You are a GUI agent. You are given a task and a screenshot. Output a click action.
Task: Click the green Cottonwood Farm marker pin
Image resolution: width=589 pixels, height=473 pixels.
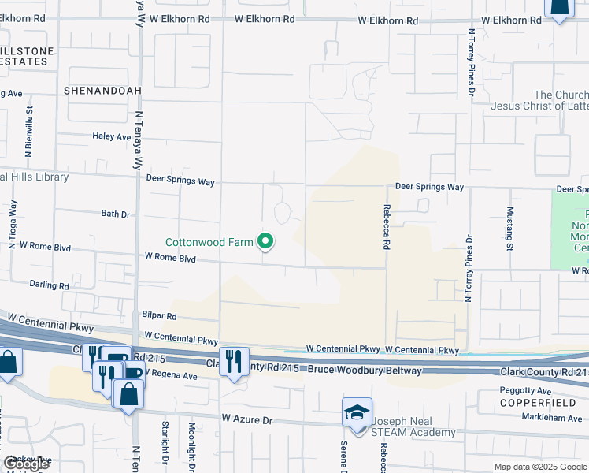coord(266,242)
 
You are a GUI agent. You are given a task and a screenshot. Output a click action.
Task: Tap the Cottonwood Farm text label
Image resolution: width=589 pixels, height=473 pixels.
coord(209,242)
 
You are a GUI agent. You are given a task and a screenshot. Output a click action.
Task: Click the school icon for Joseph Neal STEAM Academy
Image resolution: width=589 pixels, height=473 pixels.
coord(357,413)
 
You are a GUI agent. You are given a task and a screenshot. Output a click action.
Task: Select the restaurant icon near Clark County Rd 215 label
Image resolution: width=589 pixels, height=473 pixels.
coord(234,362)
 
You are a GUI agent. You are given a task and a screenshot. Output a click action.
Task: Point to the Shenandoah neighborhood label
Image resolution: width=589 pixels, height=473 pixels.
coord(102,91)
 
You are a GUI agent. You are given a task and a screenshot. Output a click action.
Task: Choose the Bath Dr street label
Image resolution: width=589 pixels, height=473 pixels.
coord(115,214)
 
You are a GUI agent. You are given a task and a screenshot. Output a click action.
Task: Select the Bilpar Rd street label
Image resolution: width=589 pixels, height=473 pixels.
coord(160,315)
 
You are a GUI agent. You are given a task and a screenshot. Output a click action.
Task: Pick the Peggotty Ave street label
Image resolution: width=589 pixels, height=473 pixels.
coord(525,390)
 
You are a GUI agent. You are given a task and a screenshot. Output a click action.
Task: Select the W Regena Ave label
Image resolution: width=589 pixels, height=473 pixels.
coord(168,376)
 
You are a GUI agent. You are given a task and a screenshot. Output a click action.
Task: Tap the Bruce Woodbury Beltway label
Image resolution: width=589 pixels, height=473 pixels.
coord(367,370)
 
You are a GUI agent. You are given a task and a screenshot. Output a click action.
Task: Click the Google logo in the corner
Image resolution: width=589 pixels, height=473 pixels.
coord(26,464)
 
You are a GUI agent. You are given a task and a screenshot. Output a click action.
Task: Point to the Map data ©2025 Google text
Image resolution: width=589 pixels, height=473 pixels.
coord(540,467)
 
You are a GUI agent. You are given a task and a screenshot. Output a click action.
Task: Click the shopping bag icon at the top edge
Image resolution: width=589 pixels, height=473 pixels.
coord(558,8)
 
